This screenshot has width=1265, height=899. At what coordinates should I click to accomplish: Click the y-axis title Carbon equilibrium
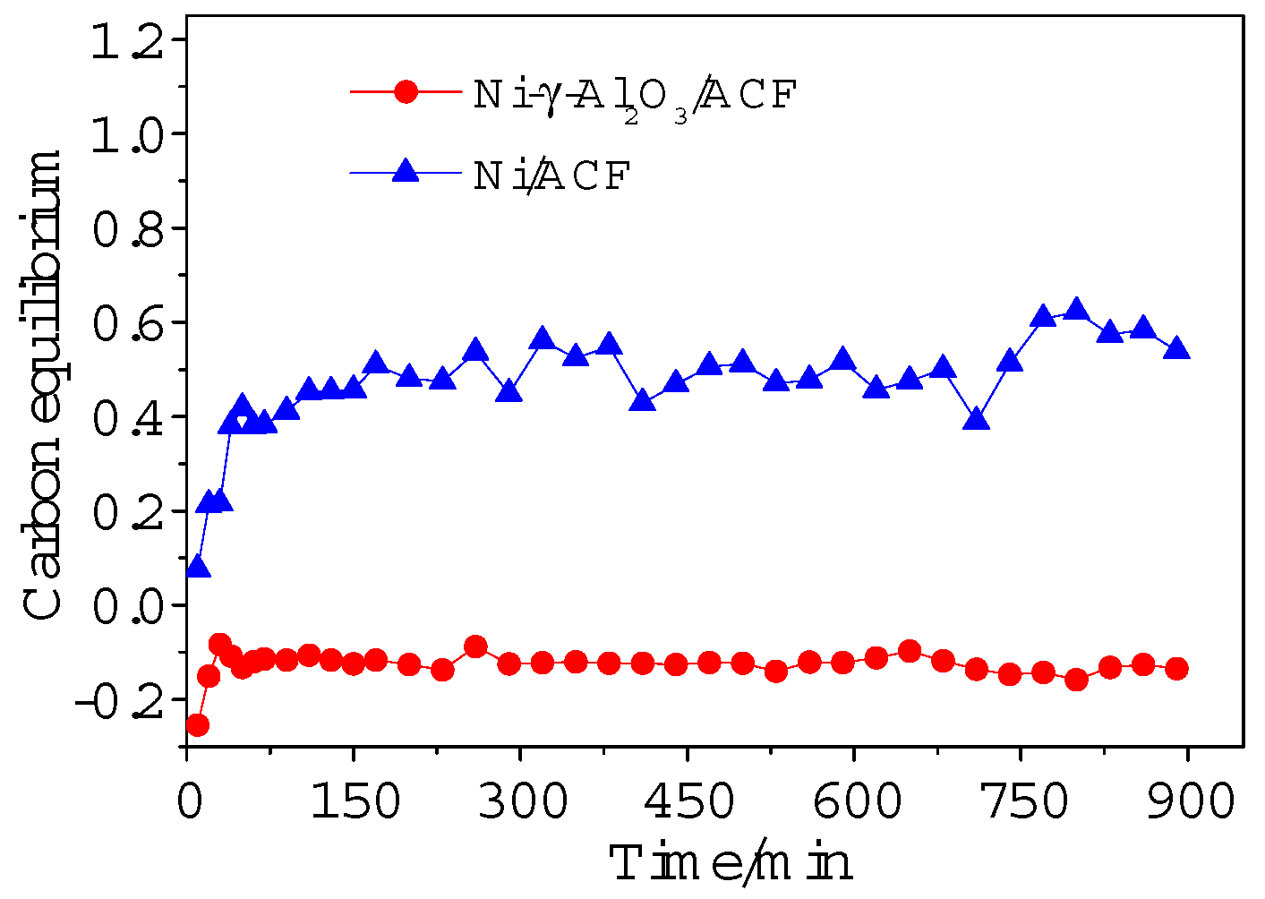(x=43, y=385)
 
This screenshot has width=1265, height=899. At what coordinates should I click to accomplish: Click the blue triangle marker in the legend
(x=406, y=172)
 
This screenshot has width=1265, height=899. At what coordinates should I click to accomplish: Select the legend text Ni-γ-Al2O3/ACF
(x=634, y=95)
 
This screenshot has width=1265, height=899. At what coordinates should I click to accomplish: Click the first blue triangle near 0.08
(x=198, y=568)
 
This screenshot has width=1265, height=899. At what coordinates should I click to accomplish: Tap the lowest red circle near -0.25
(x=197, y=724)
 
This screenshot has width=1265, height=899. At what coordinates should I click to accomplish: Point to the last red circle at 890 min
(x=1176, y=668)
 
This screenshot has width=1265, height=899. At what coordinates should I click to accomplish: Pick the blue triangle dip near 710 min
(x=977, y=419)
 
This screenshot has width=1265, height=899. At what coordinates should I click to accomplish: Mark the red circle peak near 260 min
(x=475, y=646)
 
